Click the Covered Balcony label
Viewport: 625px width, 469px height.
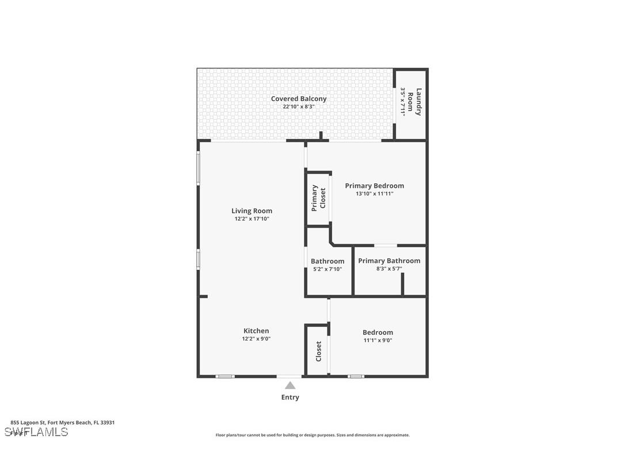coord(298,99)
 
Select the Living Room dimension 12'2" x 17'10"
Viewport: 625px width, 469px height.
coord(251,219)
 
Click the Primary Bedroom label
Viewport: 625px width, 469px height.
coord(374,186)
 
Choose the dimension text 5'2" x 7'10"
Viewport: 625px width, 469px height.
coord(327,269)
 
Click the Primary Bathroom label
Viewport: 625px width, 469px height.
coord(389,261)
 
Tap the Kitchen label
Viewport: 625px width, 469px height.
coord(256,331)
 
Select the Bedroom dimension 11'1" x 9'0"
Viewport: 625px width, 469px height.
coord(378,341)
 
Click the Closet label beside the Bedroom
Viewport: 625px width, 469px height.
coord(318,351)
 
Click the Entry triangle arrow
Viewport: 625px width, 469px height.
coord(290,385)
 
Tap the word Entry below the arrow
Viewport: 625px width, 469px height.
coord(290,398)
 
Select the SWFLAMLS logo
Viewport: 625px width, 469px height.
coord(36,432)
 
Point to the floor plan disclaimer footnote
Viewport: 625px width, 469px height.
coord(312,436)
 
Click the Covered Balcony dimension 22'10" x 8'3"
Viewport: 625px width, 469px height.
coord(298,107)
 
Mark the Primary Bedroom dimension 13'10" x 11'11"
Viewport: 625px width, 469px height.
coord(374,194)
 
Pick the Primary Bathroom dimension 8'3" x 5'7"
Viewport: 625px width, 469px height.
coord(389,268)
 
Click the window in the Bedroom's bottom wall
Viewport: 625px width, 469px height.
coord(356,376)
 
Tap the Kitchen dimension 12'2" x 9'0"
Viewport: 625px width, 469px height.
coord(256,339)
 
